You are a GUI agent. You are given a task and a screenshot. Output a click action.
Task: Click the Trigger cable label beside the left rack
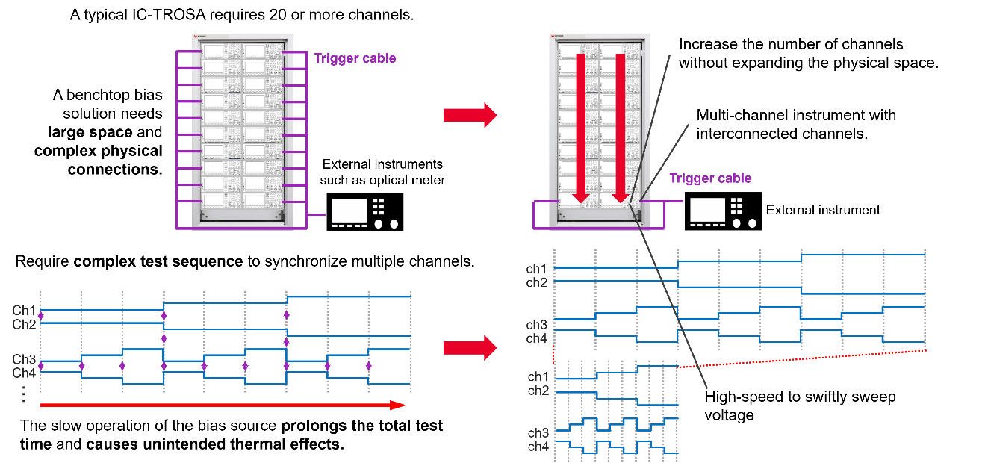pyautogui.click(x=355, y=58)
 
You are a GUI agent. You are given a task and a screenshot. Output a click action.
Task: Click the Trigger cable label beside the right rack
pyautogui.click(x=709, y=178)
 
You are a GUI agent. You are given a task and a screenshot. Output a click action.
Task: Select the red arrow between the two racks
pyautogui.click(x=470, y=115)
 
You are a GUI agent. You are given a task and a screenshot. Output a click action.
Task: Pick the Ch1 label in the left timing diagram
pyautogui.click(x=24, y=310)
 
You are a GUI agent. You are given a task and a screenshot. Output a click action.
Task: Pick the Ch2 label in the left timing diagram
pyautogui.click(x=24, y=324)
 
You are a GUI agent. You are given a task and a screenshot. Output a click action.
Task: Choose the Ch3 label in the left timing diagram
pyautogui.click(x=24, y=359)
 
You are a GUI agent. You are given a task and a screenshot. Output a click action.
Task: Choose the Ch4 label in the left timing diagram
pyautogui.click(x=24, y=373)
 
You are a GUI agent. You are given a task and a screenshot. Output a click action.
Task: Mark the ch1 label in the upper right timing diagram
pyautogui.click(x=537, y=268)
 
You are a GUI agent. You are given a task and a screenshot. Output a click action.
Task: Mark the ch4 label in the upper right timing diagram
pyautogui.click(x=537, y=338)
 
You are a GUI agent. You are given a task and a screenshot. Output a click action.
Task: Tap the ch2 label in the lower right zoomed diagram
pyautogui.click(x=538, y=391)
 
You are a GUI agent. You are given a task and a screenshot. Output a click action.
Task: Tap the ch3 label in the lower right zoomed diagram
pyautogui.click(x=538, y=432)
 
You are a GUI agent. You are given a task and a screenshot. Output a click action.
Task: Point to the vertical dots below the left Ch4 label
pyautogui.click(x=24, y=394)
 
